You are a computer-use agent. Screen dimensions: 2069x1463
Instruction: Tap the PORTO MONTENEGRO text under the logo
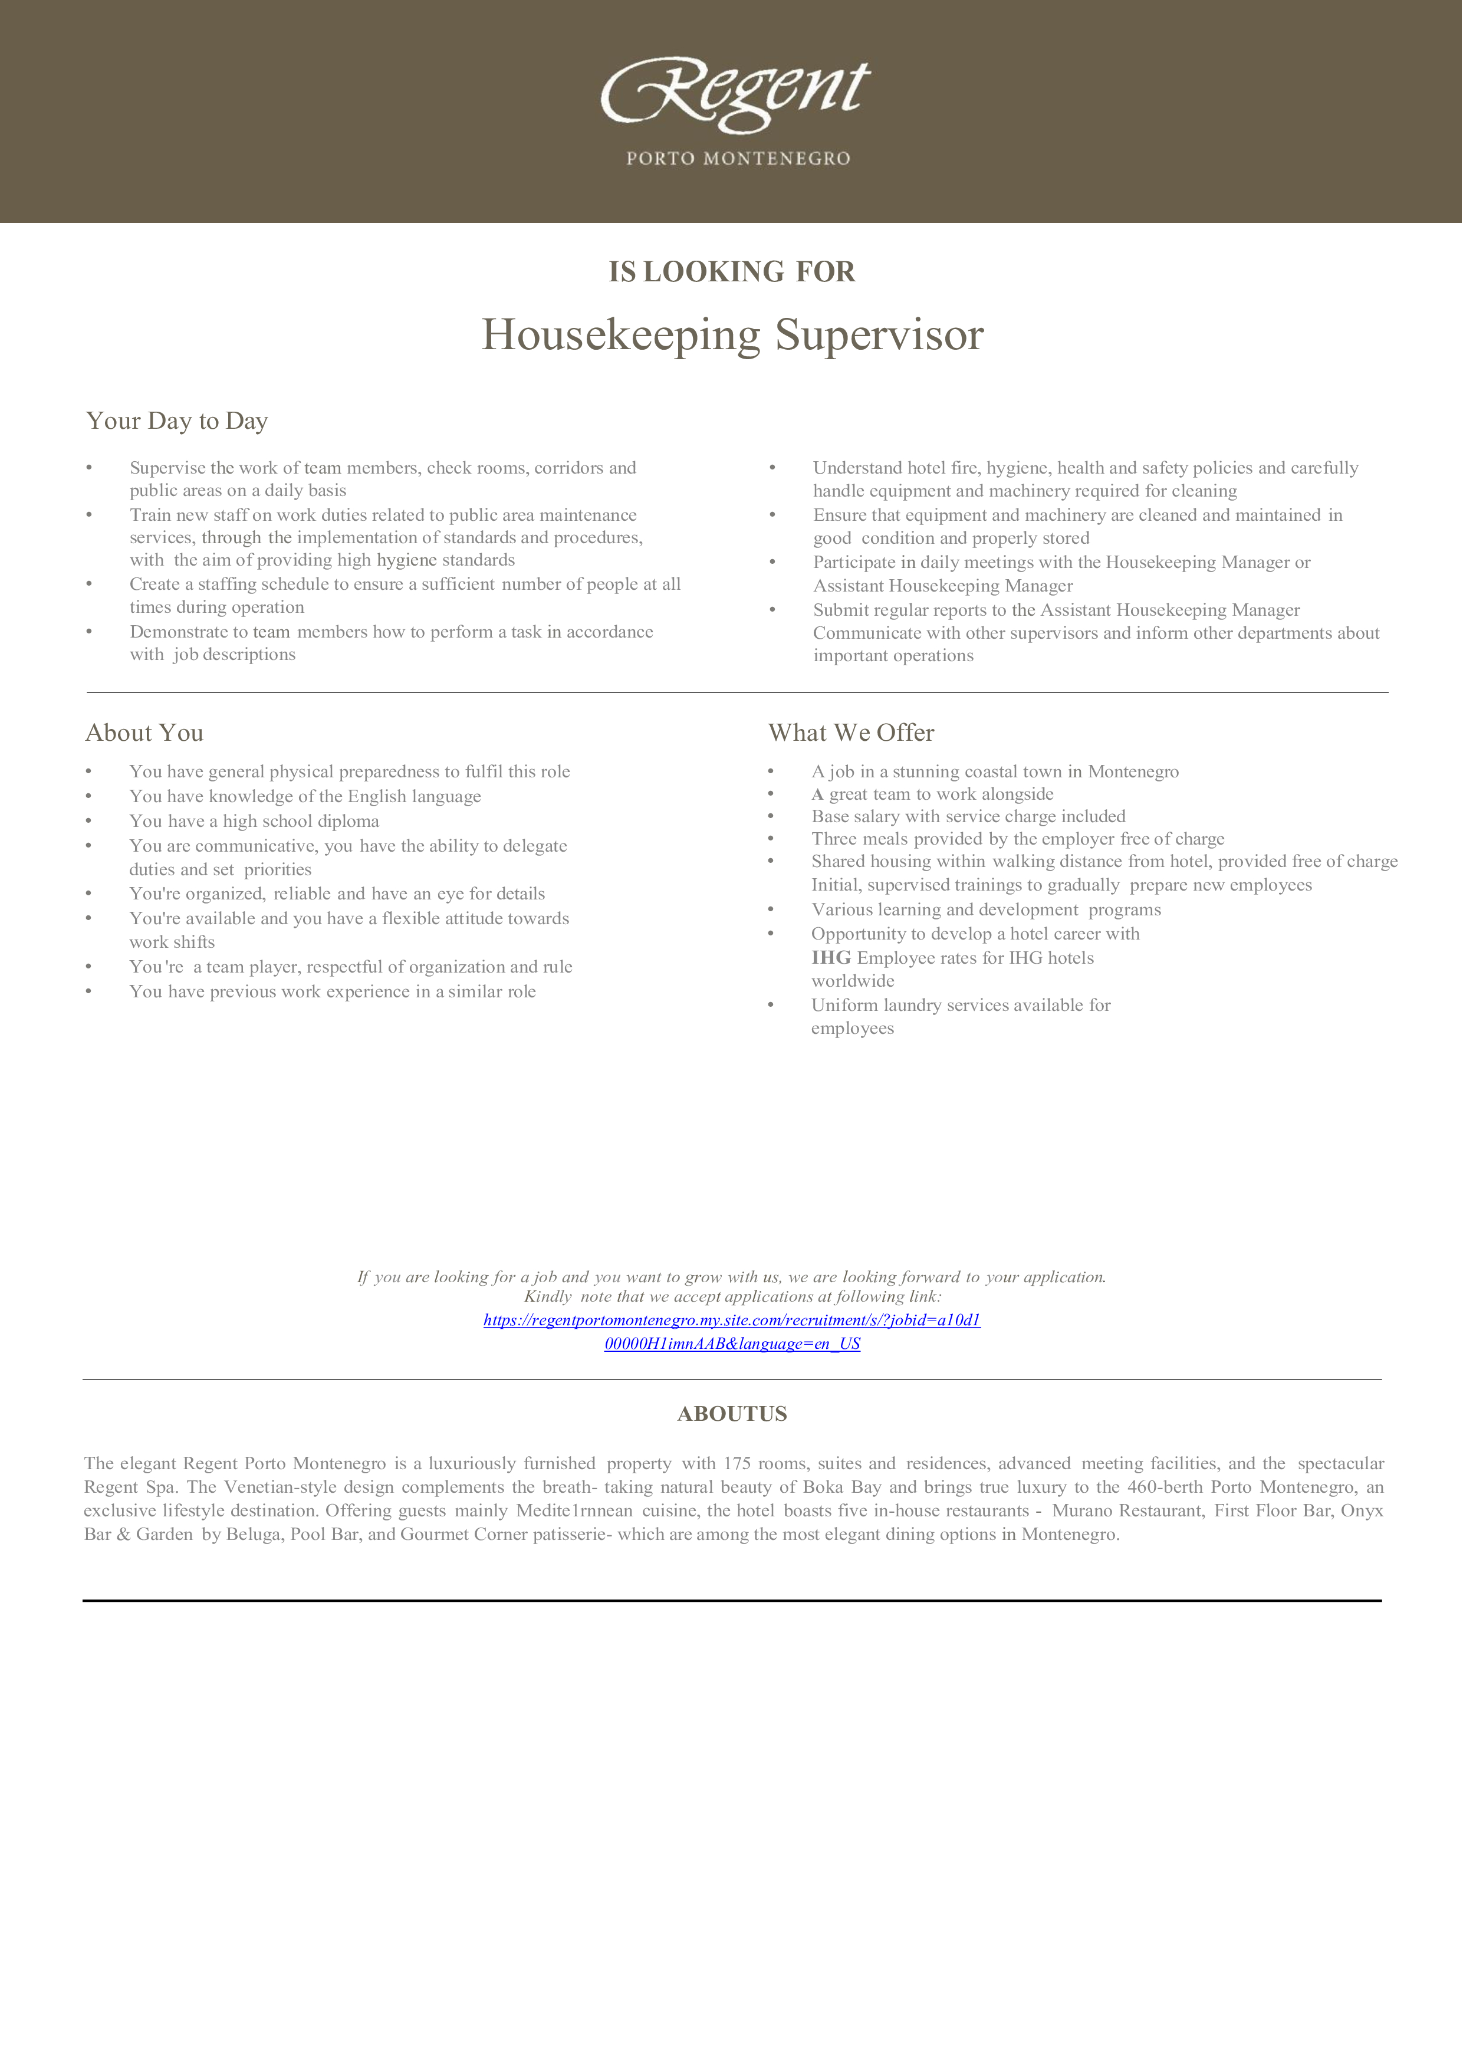(738, 159)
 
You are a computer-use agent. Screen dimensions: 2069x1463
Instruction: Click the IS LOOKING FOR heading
(731, 271)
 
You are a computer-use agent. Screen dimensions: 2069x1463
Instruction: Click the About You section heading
(144, 733)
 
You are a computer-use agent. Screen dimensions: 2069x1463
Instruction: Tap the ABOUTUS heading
(731, 1414)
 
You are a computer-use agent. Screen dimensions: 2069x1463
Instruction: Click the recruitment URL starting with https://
(731, 1320)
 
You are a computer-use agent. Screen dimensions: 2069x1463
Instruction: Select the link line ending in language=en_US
(731, 1344)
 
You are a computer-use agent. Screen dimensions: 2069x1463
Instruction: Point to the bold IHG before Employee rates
(831, 958)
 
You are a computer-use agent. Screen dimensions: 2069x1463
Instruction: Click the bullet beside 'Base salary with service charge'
(771, 816)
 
